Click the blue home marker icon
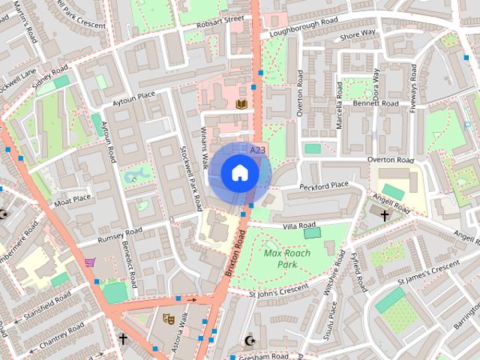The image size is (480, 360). pyautogui.click(x=238, y=173)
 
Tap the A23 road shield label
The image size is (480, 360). pyautogui.click(x=258, y=151)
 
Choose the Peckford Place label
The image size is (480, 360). pyautogui.click(x=324, y=184)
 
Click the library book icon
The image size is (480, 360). pyautogui.click(x=241, y=103)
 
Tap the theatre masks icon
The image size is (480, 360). pyautogui.click(x=169, y=319)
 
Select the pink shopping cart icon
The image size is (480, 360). pyautogui.click(x=90, y=262)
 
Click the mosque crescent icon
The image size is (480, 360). pyautogui.click(x=250, y=341)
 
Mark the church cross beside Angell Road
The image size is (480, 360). pyautogui.click(x=385, y=215)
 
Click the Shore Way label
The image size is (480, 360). pyautogui.click(x=358, y=34)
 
